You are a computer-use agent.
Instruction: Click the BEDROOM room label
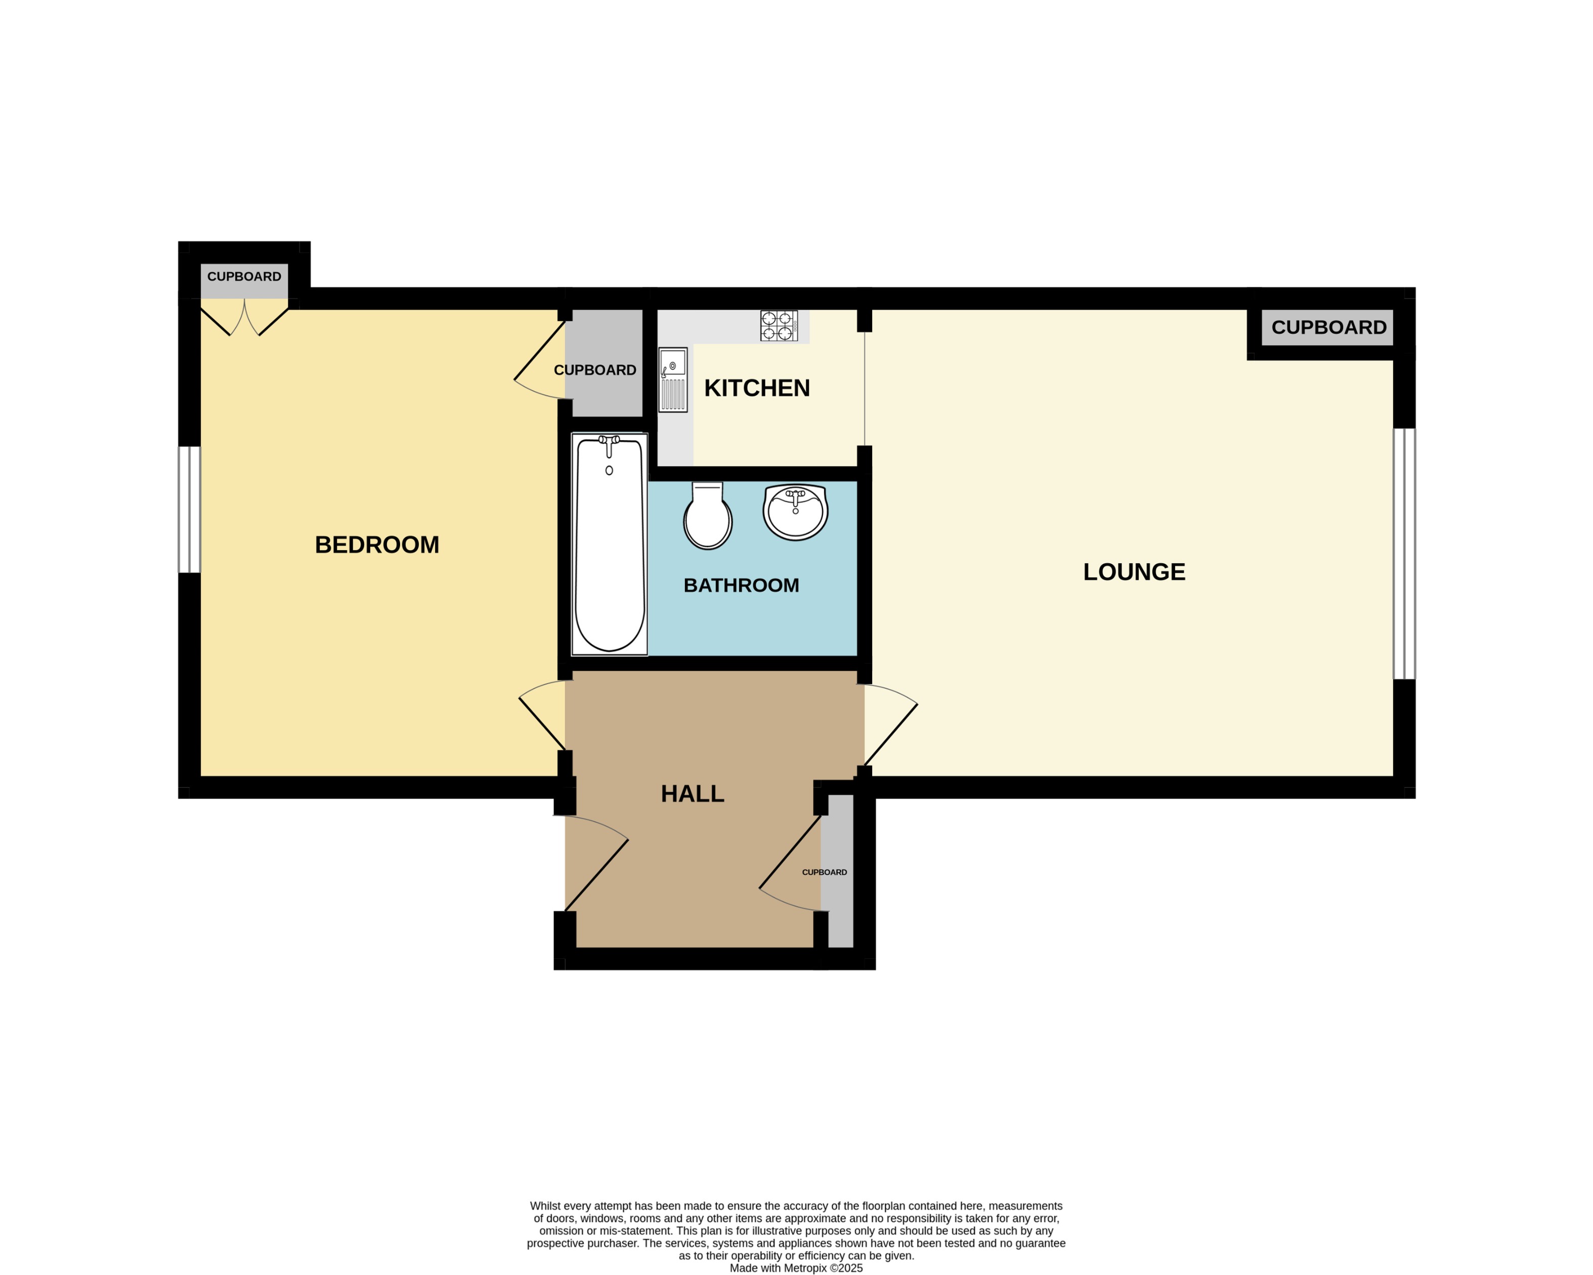pyautogui.click(x=377, y=545)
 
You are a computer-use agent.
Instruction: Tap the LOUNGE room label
pyautogui.click(x=1134, y=571)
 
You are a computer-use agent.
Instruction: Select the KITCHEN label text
pyautogui.click(x=757, y=388)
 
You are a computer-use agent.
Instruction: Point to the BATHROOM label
pyautogui.click(x=741, y=585)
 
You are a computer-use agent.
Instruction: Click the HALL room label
pyautogui.click(x=693, y=793)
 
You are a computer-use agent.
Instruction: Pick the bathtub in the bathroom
pyautogui.click(x=610, y=545)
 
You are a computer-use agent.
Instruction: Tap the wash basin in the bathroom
pyautogui.click(x=795, y=512)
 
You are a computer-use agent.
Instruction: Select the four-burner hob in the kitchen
pyautogui.click(x=779, y=326)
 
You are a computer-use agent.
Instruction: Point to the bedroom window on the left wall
pyautogui.click(x=190, y=509)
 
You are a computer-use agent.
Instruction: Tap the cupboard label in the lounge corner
pyautogui.click(x=1328, y=327)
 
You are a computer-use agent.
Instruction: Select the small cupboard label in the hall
pyautogui.click(x=825, y=872)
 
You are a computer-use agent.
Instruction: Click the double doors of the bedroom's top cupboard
pyautogui.click(x=244, y=319)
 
